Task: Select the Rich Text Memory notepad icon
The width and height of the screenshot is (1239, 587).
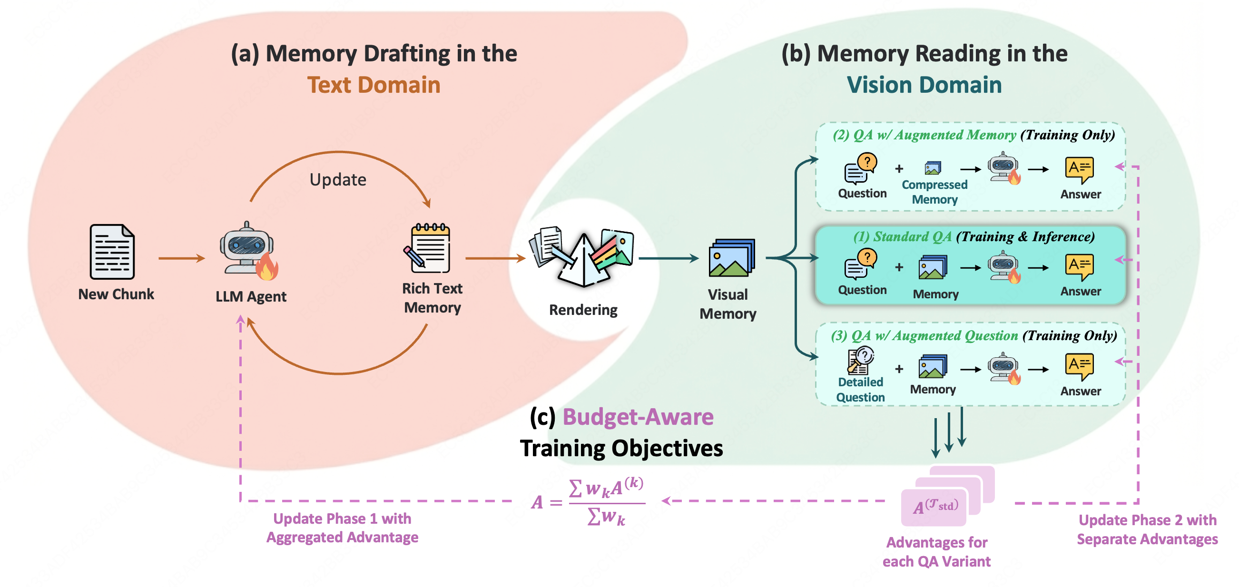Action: click(x=429, y=249)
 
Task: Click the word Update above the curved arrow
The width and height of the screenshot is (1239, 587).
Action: click(x=338, y=180)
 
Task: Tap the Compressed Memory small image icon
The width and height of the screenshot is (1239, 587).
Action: click(x=933, y=168)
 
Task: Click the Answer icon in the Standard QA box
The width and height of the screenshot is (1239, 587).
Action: click(x=1079, y=267)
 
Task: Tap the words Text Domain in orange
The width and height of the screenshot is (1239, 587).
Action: click(x=374, y=85)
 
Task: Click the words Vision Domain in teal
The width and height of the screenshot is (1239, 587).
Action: click(x=924, y=85)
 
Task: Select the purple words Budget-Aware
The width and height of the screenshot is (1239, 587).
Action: click(x=638, y=417)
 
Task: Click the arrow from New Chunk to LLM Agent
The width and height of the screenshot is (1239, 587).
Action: click(x=181, y=259)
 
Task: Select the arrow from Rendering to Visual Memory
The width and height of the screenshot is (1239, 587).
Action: click(x=668, y=259)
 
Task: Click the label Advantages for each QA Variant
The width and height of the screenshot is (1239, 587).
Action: click(x=936, y=552)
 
